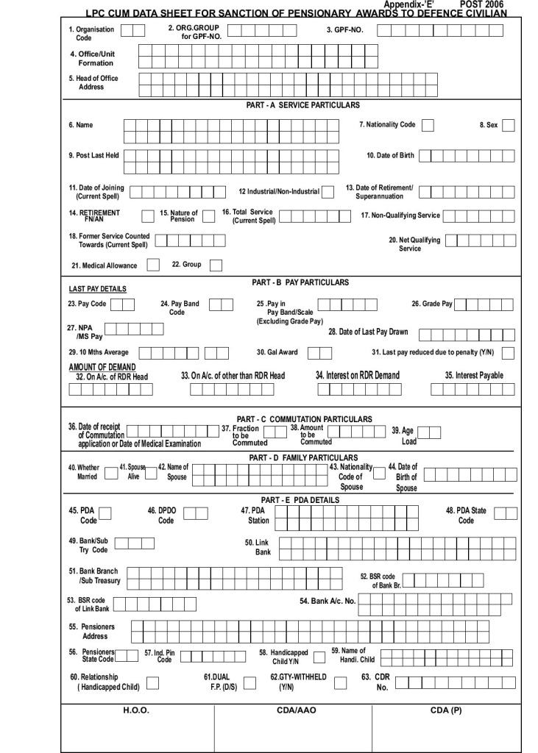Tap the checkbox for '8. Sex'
pyautogui.click(x=508, y=125)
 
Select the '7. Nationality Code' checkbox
pyautogui.click(x=428, y=125)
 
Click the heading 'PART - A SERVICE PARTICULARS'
pyautogui.click(x=303, y=105)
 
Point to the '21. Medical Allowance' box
pyautogui.click(x=153, y=265)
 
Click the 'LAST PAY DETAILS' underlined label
pyautogui.click(x=97, y=289)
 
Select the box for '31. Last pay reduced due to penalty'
pyautogui.click(x=508, y=352)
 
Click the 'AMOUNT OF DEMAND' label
pyautogui.click(x=102, y=367)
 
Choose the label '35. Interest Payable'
pyautogui.click(x=474, y=375)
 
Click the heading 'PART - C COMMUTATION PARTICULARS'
pyautogui.click(x=304, y=419)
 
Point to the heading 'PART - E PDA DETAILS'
pyautogui.click(x=300, y=500)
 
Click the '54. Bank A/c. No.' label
pyautogui.click(x=328, y=601)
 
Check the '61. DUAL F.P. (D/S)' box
pyautogui.click(x=249, y=682)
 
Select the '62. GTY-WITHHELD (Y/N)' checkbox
pyautogui.click(x=340, y=682)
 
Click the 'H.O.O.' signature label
pyautogui.click(x=136, y=711)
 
